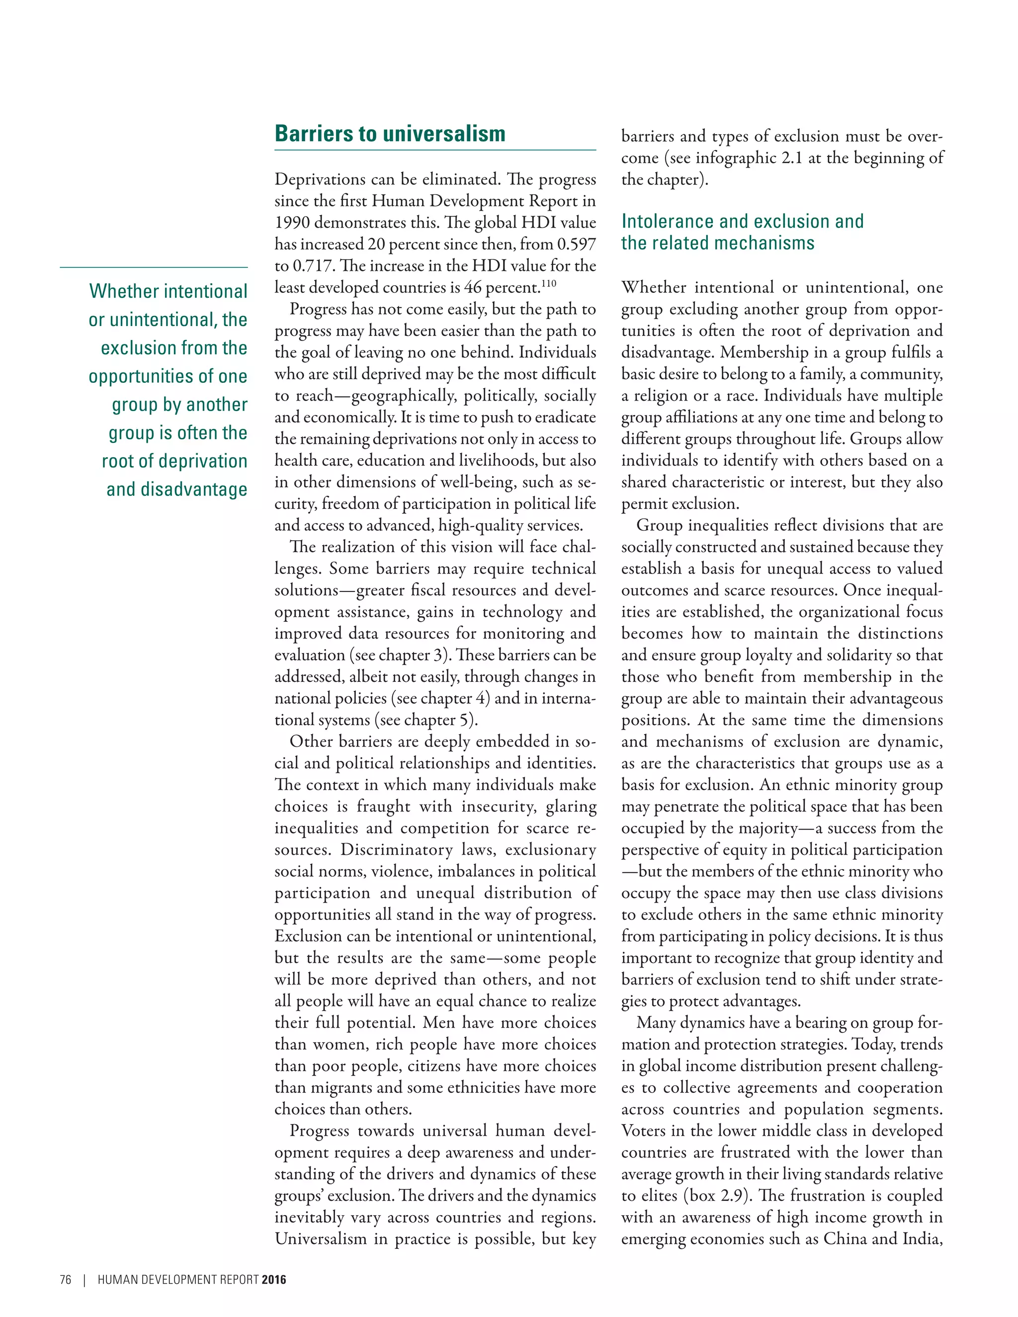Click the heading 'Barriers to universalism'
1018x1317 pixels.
tap(390, 134)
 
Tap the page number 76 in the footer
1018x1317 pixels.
tap(66, 1280)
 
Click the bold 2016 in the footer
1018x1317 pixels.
tap(274, 1280)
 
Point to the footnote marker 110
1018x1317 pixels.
tap(548, 283)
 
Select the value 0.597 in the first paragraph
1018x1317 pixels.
tap(576, 244)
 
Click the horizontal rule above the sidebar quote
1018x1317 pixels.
tap(154, 267)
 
